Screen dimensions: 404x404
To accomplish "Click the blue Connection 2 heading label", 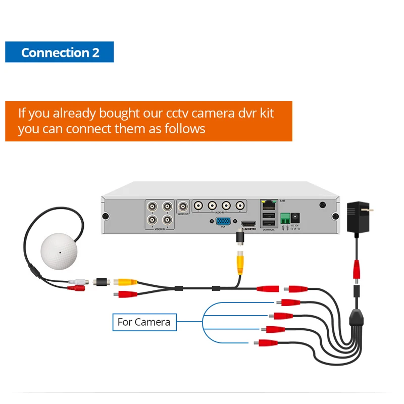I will point(60,53).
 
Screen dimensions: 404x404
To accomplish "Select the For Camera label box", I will point(144,322).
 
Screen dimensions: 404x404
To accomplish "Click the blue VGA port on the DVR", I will point(223,221).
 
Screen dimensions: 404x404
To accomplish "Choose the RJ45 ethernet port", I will point(268,206).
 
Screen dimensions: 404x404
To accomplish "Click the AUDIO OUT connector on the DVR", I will point(183,207).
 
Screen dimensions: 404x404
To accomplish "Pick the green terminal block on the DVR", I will point(284,218).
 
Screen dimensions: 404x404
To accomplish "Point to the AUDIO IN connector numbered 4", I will point(240,206).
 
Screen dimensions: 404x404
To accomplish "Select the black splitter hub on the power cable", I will point(356,319).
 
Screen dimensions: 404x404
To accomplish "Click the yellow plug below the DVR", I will point(241,261).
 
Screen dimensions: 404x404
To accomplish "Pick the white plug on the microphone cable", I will point(76,281).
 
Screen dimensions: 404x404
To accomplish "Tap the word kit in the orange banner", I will point(265,112).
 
